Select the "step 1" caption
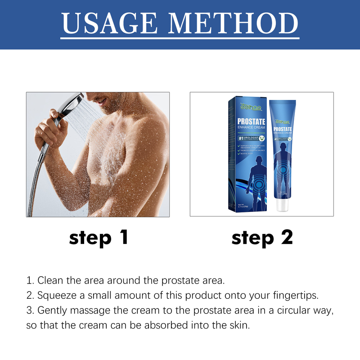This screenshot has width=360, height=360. click(x=99, y=237)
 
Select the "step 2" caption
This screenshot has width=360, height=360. click(x=262, y=237)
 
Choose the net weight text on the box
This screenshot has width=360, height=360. click(x=238, y=205)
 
